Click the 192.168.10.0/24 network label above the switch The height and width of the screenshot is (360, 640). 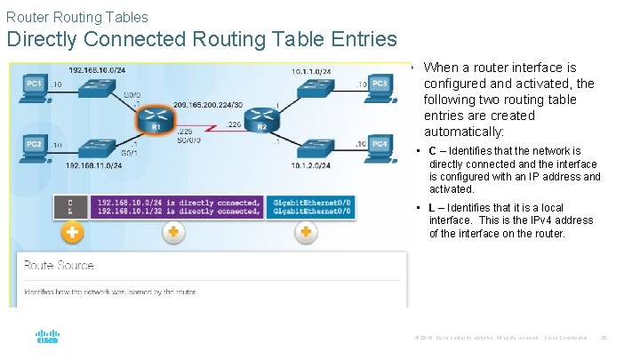pos(97,69)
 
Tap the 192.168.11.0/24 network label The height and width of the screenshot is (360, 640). pos(97,165)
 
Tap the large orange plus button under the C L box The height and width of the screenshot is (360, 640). pos(71,233)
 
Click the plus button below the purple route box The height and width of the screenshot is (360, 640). pos(172,232)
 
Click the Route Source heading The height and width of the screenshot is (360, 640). pos(59,265)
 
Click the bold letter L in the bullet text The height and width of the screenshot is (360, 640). pos(432,208)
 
